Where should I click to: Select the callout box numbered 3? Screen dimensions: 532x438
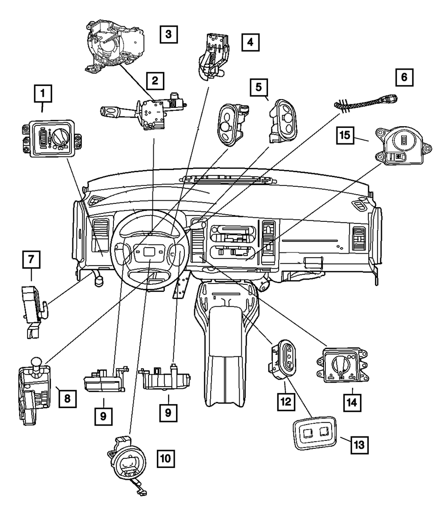tap(169, 34)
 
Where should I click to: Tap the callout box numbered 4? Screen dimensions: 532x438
tap(250, 42)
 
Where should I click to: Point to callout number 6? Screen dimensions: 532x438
tap(404, 77)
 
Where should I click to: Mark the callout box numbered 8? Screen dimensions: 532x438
tap(67, 398)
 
